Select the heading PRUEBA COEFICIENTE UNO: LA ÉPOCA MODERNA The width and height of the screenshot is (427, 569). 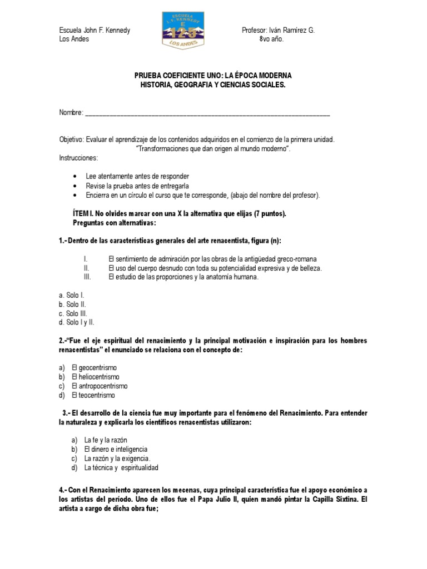click(213, 75)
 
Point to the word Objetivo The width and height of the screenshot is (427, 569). click(71, 139)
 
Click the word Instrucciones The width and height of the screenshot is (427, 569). click(78, 158)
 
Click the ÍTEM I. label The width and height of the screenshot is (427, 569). click(85, 213)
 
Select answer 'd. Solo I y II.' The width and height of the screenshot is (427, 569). click(77, 322)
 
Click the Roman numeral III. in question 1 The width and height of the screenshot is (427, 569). click(87, 277)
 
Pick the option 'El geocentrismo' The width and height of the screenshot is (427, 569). click(94, 368)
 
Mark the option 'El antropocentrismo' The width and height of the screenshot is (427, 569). click(100, 386)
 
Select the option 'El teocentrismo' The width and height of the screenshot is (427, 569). click(93, 395)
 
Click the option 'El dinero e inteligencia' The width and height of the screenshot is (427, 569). click(116, 449)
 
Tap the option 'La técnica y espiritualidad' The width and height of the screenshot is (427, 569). click(121, 468)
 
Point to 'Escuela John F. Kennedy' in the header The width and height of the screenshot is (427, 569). click(95, 31)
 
